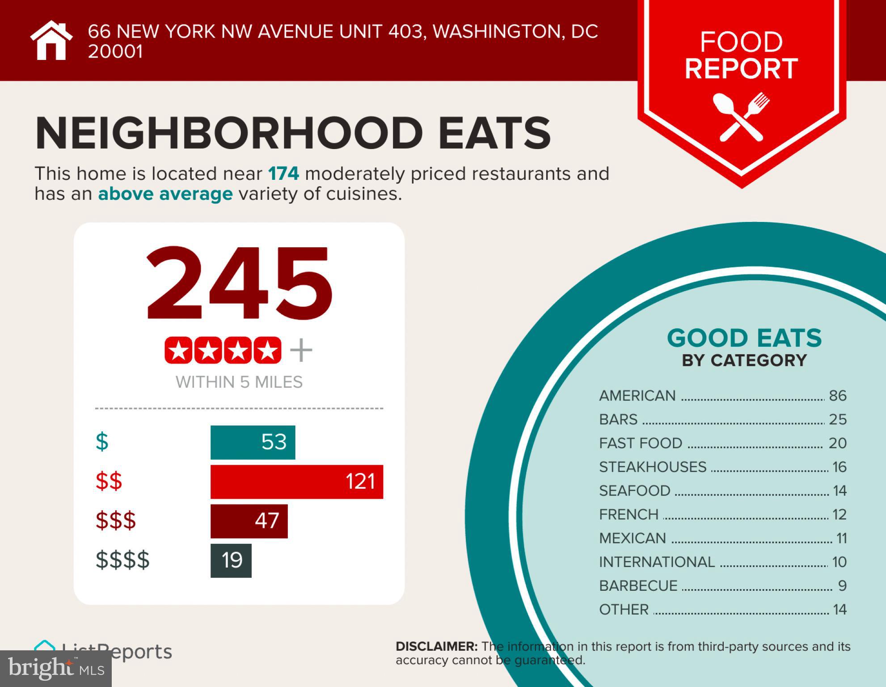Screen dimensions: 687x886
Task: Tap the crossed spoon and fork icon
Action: click(741, 117)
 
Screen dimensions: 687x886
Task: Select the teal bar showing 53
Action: click(253, 442)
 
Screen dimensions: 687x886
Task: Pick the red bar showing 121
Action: click(296, 482)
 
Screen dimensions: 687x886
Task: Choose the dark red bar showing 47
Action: click(249, 521)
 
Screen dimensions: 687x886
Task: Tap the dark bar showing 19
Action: click(231, 560)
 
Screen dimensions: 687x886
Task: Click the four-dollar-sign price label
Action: click(122, 560)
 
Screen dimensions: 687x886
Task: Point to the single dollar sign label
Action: click(102, 442)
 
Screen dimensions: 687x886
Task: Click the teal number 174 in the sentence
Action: click(283, 174)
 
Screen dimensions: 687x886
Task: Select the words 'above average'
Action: click(165, 194)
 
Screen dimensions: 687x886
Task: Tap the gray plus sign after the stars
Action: click(301, 350)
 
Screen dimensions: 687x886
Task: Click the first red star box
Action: click(178, 350)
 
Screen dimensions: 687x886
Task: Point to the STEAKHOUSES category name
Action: click(652, 467)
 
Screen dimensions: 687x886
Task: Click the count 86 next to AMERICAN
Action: click(837, 396)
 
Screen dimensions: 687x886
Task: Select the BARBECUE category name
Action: click(638, 586)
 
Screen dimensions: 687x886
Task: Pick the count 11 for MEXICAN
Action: click(841, 538)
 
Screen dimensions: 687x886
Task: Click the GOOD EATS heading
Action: click(744, 338)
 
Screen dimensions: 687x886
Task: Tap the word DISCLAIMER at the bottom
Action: click(436, 646)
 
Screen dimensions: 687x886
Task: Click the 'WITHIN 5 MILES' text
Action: click(239, 382)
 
